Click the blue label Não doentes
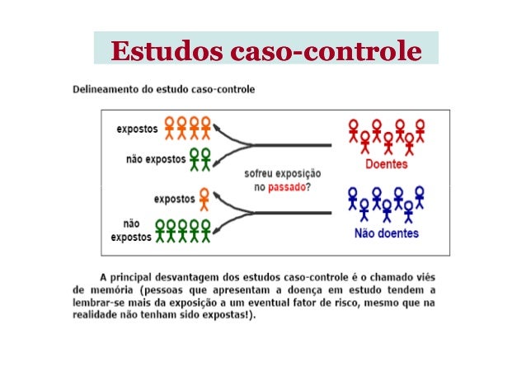(x=386, y=233)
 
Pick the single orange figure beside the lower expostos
(x=204, y=198)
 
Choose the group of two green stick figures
(x=199, y=158)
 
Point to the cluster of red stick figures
(x=386, y=136)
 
